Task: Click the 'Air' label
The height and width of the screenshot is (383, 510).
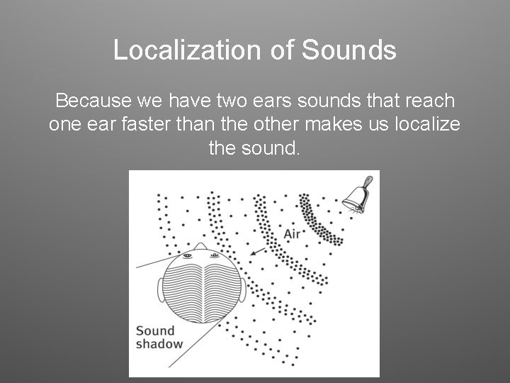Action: coord(293,234)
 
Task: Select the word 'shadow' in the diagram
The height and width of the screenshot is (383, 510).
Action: coord(159,344)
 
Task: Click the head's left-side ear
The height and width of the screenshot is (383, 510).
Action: coord(161,287)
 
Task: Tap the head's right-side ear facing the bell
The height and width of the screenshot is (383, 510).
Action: coord(244,288)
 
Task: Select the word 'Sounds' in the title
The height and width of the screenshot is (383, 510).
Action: coord(352,50)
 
